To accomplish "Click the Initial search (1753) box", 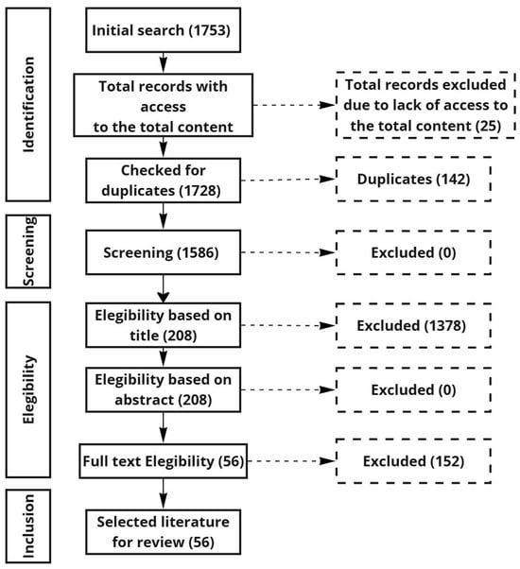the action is point(163,30).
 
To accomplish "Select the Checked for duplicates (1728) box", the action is point(163,181).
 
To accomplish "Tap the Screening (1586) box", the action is point(163,252).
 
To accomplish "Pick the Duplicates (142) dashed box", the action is point(414,179).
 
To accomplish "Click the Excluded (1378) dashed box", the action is point(414,325).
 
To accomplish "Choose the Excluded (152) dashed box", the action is point(414,461).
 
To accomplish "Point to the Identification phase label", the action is point(28,105).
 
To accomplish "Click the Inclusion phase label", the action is point(28,526).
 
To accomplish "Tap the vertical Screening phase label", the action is point(29,251).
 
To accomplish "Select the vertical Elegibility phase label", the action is point(29,389).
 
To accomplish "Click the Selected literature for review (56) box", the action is point(163,532).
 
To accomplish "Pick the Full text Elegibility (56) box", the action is point(163,461).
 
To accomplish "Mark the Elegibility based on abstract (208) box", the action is point(163,389).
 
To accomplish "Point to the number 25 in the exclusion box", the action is point(489,126).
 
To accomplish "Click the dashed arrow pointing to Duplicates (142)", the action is point(288,180).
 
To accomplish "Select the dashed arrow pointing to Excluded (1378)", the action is point(288,325).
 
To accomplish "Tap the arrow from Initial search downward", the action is point(164,62).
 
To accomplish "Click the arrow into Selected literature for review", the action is point(164,494).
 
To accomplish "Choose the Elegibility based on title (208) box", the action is point(163,325).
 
